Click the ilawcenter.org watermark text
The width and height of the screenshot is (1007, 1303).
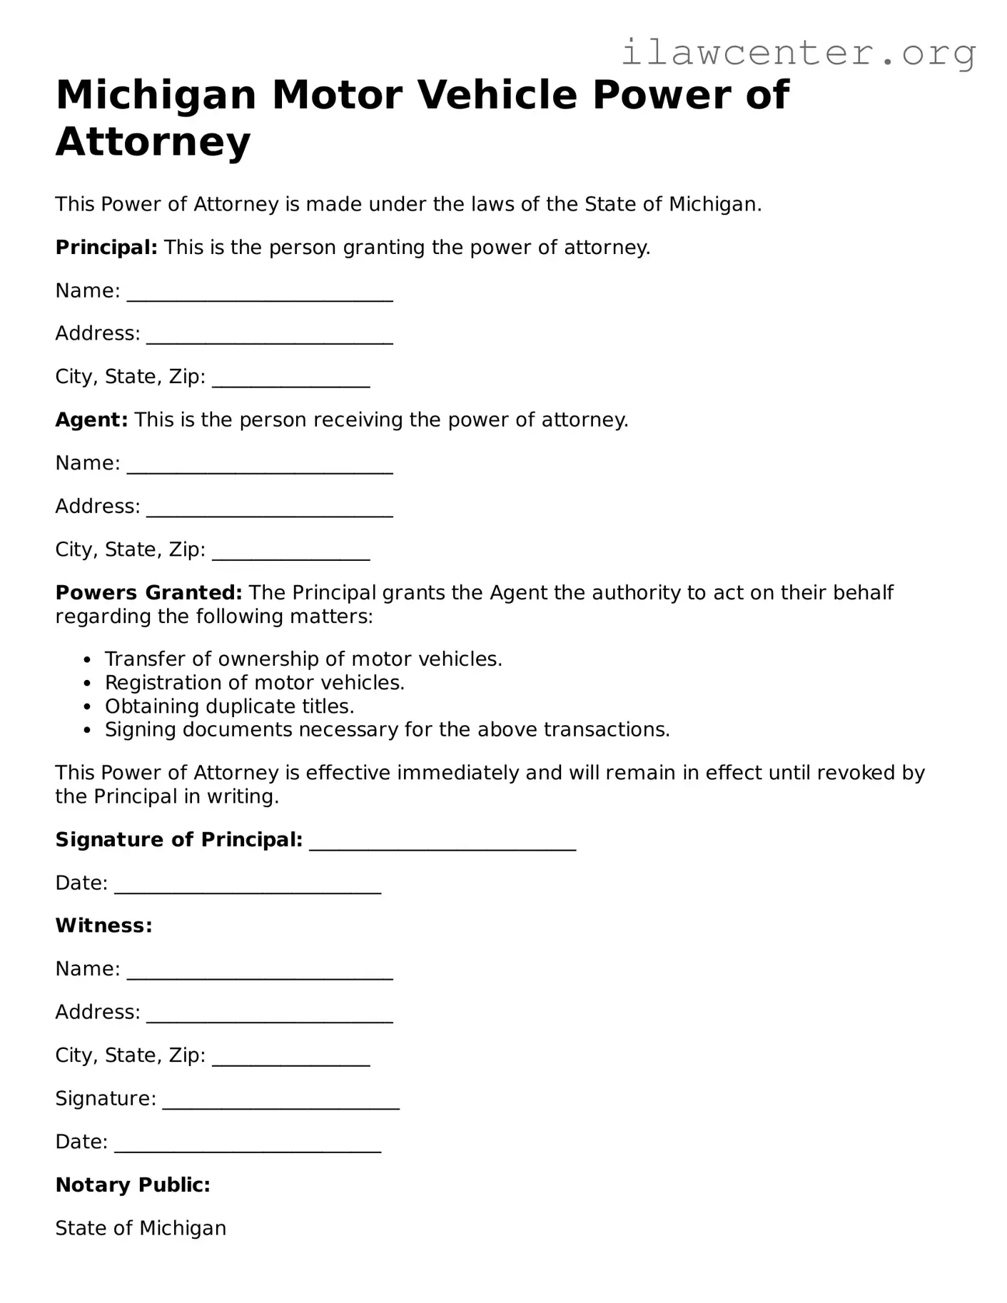point(798,52)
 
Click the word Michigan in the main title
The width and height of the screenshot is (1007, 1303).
point(156,95)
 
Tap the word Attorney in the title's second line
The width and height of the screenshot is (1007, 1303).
point(153,141)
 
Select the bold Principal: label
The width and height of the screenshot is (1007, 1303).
point(106,248)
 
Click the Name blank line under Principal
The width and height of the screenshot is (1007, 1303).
point(260,296)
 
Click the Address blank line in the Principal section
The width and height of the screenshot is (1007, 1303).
point(270,339)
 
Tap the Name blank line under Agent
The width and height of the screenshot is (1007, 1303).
point(260,468)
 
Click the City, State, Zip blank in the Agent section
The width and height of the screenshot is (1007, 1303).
point(291,554)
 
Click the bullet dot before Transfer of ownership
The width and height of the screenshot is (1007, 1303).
point(87,660)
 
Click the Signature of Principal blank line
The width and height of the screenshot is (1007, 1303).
point(442,845)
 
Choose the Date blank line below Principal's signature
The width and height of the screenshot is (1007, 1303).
point(248,888)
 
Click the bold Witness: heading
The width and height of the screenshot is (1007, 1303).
point(103,926)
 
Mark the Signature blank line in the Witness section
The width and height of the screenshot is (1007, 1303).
point(281,1103)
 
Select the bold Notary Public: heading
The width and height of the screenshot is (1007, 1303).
point(133,1185)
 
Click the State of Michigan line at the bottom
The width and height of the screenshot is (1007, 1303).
point(141,1228)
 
